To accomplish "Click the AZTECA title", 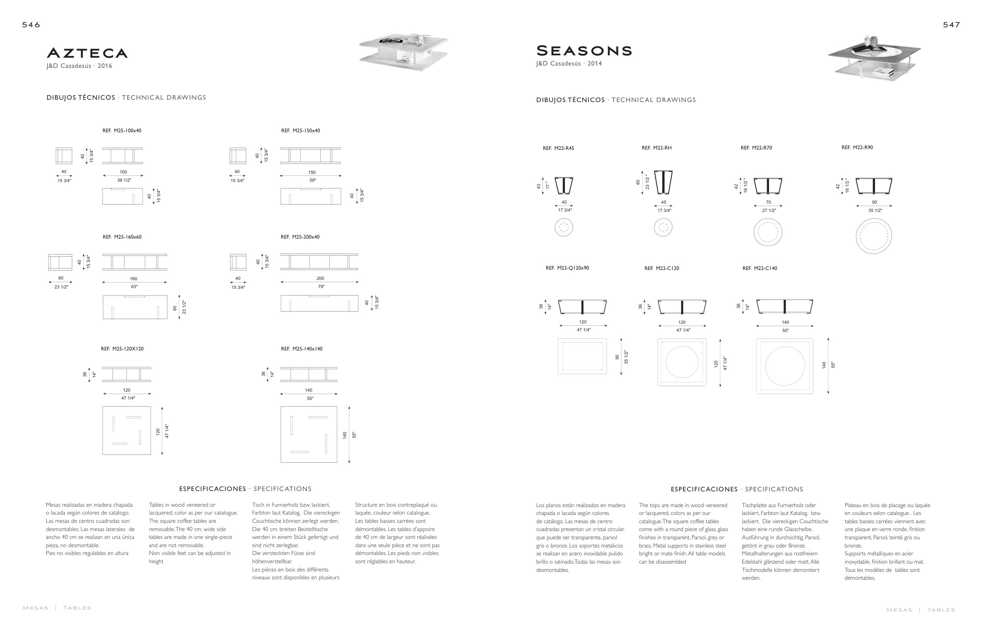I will (87, 53).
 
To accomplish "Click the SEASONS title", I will (584, 51).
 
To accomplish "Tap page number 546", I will (31, 25).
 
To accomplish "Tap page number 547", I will (951, 25).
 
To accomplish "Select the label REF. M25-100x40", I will (122, 131).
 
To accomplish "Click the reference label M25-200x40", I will (300, 237).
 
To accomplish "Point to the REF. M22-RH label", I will (656, 148).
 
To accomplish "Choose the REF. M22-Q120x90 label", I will (567, 268).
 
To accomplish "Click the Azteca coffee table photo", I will (403, 52).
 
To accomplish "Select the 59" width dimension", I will (312, 180).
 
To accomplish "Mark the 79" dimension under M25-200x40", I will (321, 287).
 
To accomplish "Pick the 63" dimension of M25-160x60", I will (134, 287).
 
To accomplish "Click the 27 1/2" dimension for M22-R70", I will (769, 211).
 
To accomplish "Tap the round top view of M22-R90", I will (873, 236).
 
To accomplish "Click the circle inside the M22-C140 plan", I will (785, 366).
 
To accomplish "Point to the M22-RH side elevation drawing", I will (663, 183).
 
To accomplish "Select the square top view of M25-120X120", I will (127, 431).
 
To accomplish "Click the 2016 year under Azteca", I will (105, 66).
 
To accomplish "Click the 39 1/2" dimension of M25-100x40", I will (124, 180).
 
